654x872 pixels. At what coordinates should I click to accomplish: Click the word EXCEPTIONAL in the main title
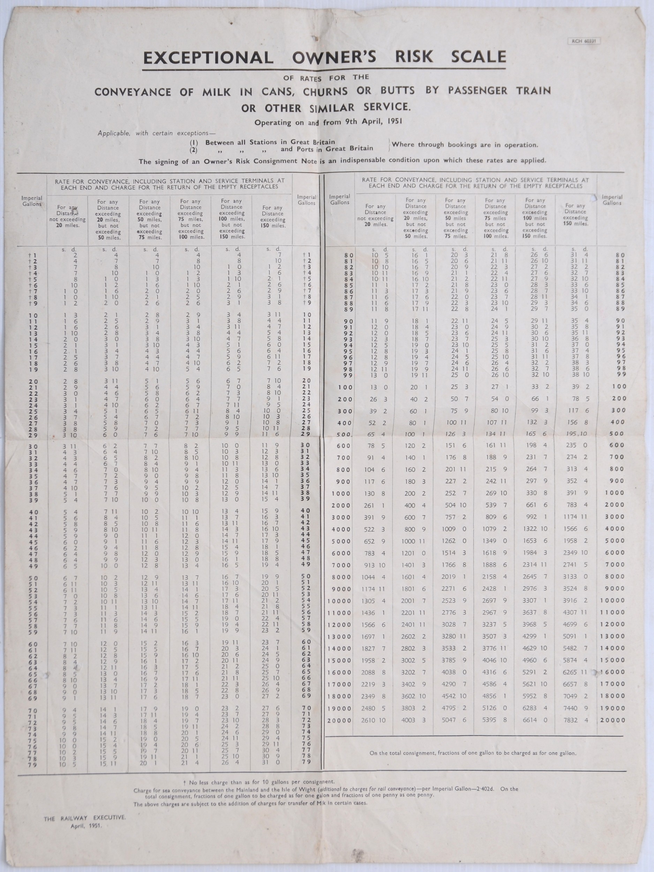pos(209,58)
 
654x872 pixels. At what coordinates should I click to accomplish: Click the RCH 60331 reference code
pos(584,40)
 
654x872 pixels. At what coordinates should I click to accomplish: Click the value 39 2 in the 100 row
pos(579,387)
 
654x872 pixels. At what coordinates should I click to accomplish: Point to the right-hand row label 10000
pos(612,600)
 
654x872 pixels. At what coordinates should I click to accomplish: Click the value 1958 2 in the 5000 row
pos(579,541)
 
